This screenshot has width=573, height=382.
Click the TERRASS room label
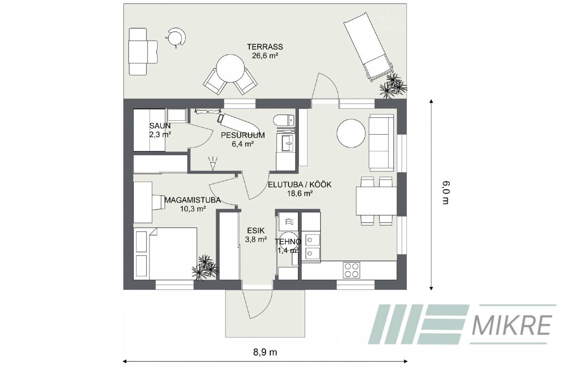265,47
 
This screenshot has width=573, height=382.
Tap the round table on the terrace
230,68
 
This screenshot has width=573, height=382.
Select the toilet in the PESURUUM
284,120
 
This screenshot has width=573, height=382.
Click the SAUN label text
160,126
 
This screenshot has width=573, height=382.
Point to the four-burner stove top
351,270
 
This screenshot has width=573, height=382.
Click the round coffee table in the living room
351,133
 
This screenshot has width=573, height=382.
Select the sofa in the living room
381,142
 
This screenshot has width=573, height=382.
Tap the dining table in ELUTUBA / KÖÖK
376,201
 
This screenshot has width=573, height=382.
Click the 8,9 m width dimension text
265,352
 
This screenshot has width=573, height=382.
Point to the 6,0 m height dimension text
446,192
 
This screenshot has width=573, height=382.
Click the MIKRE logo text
511,325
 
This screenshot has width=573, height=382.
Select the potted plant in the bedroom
205,267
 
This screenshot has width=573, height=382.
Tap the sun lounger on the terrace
368,47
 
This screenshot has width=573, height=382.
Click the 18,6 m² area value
300,193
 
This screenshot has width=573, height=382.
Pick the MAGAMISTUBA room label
192,200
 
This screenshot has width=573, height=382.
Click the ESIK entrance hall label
256,231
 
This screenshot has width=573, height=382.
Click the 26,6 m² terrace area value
265,55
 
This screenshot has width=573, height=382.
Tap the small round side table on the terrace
176,37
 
